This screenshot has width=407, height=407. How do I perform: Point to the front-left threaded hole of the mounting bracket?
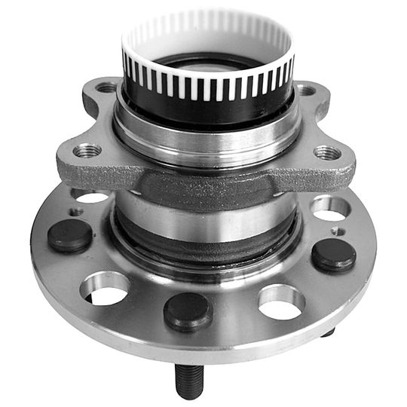tap(87, 150)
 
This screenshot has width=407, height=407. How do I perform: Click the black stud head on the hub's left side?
tap(70, 235)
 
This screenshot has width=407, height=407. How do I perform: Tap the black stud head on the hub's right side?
tap(334, 254)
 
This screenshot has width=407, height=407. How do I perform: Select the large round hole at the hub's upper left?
tap(93, 198)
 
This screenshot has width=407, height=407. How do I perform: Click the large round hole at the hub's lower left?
tap(106, 287)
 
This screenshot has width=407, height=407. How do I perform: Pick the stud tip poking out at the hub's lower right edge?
tap(329, 332)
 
